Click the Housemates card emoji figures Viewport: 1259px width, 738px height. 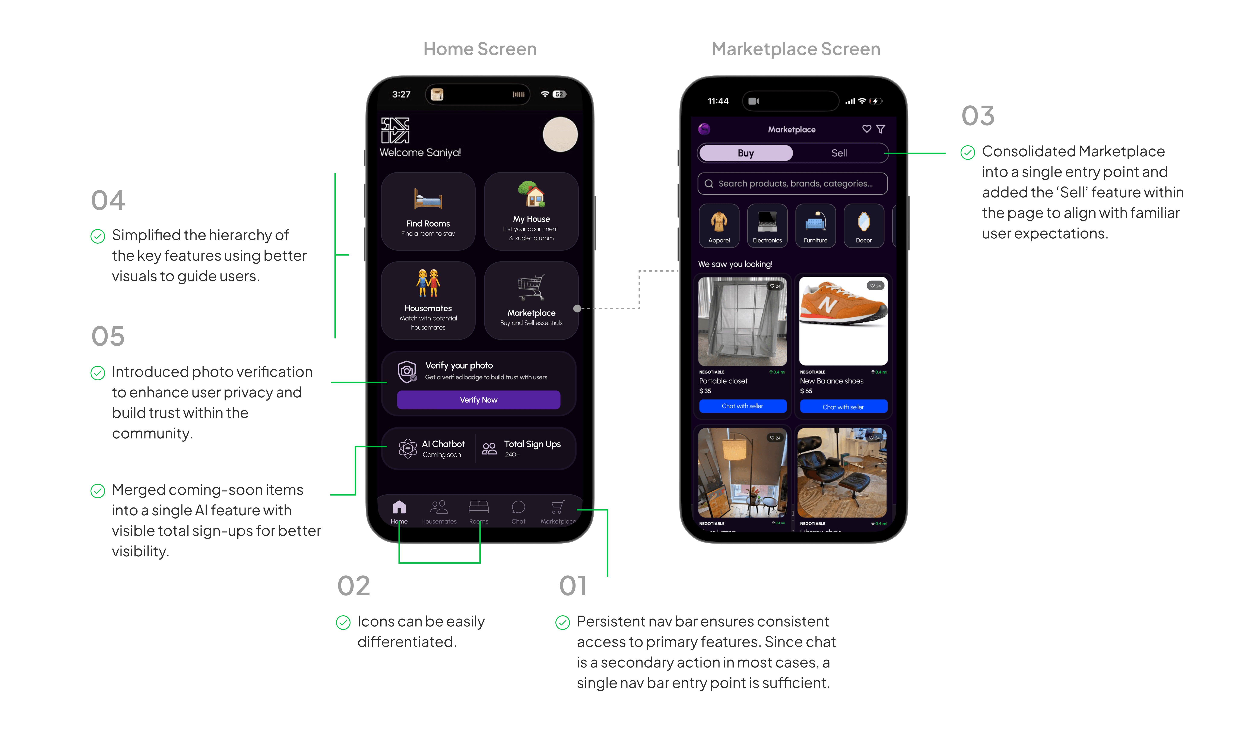coord(428,283)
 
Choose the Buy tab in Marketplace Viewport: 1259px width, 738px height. coord(745,153)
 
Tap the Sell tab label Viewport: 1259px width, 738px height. coord(839,153)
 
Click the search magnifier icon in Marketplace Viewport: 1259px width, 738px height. coord(708,184)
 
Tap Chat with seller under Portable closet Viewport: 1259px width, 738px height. coord(742,406)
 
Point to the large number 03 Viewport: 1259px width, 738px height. coord(978,116)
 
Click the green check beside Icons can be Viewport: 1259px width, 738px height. coord(343,622)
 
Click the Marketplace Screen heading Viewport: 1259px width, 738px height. coord(795,49)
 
